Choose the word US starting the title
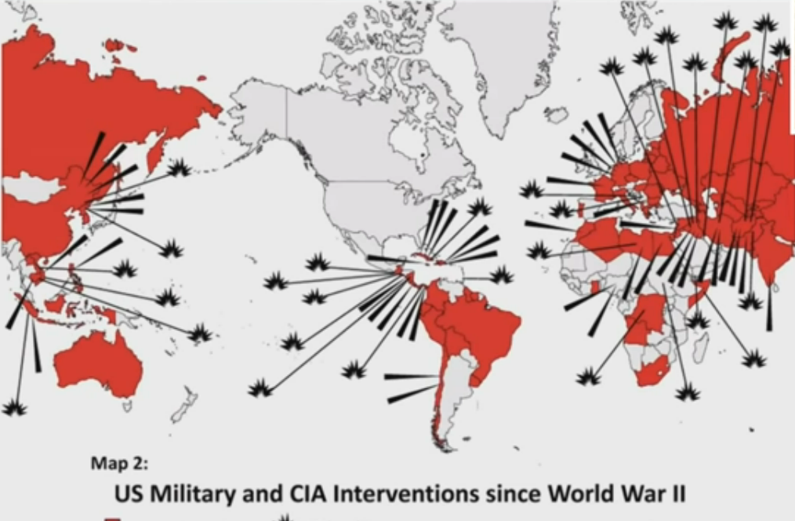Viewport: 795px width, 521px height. (x=129, y=495)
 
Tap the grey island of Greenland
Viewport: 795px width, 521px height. (x=502, y=55)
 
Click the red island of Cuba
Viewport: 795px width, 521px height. (x=427, y=260)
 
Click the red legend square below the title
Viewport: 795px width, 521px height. (x=113, y=518)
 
